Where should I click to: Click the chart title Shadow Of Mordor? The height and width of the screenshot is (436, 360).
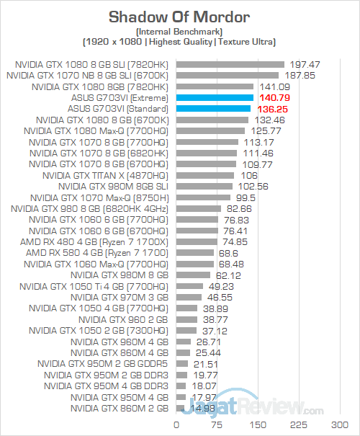(x=179, y=17)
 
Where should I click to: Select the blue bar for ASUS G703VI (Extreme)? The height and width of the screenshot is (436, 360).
(x=215, y=97)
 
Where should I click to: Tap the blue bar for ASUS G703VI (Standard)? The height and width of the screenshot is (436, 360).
(x=213, y=109)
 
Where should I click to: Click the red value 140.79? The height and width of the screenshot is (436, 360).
(x=275, y=98)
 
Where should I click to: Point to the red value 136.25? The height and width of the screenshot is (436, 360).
(x=272, y=110)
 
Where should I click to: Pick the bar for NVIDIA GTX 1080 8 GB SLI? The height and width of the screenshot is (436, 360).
(x=230, y=65)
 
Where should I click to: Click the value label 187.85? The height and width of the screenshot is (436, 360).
(x=300, y=76)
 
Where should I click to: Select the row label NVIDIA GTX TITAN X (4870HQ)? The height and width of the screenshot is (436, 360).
(x=105, y=176)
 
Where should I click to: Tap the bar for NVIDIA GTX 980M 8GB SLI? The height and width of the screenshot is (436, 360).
(x=204, y=187)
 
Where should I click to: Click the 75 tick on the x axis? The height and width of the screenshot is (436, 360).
(x=217, y=425)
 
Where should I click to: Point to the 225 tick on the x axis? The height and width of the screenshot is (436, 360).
(x=299, y=425)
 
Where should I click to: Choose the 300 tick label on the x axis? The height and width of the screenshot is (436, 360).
(x=340, y=425)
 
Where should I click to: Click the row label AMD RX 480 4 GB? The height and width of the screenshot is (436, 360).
(x=94, y=242)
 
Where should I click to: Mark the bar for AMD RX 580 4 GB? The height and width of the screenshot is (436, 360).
(x=195, y=253)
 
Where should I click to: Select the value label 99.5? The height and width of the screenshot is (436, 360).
(x=246, y=198)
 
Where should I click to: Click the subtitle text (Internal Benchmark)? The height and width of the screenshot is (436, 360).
(x=179, y=32)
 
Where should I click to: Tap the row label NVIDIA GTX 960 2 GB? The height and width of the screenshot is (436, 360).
(x=123, y=320)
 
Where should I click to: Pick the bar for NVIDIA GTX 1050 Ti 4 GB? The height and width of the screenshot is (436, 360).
(x=189, y=286)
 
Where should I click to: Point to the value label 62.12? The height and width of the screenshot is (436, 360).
(x=228, y=275)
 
